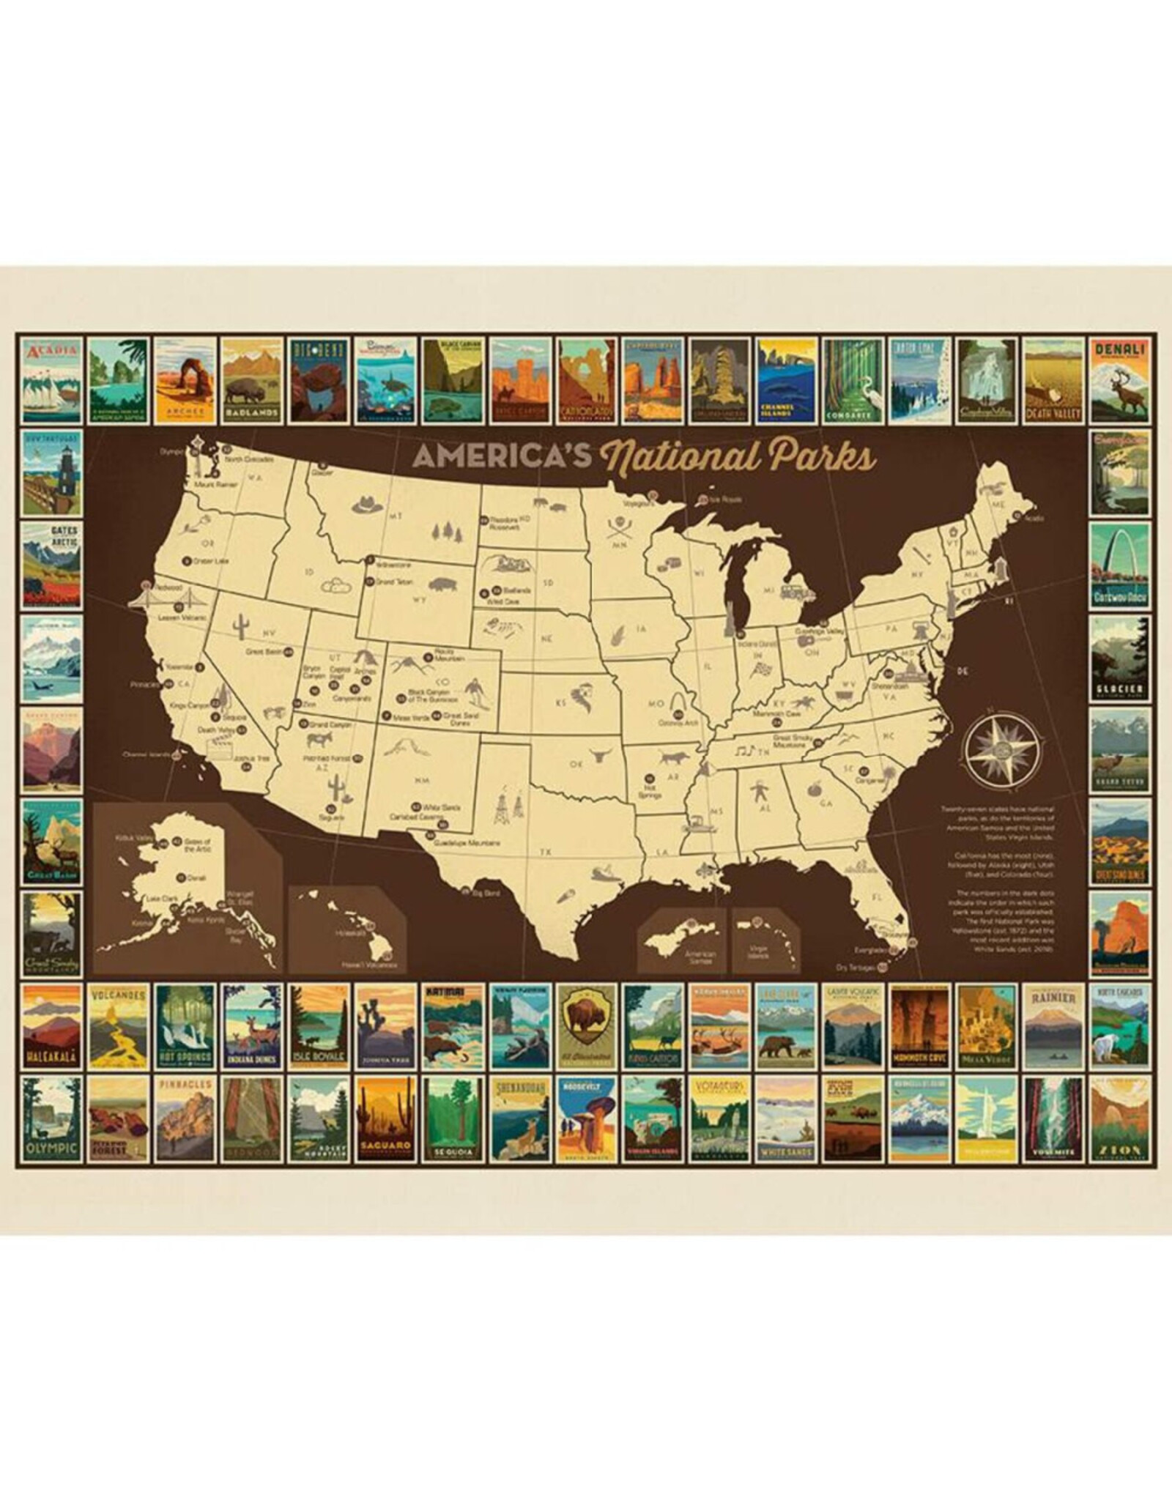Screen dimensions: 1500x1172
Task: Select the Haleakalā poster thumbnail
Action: [51, 1027]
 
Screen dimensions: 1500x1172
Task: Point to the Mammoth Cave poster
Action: [919, 1027]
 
